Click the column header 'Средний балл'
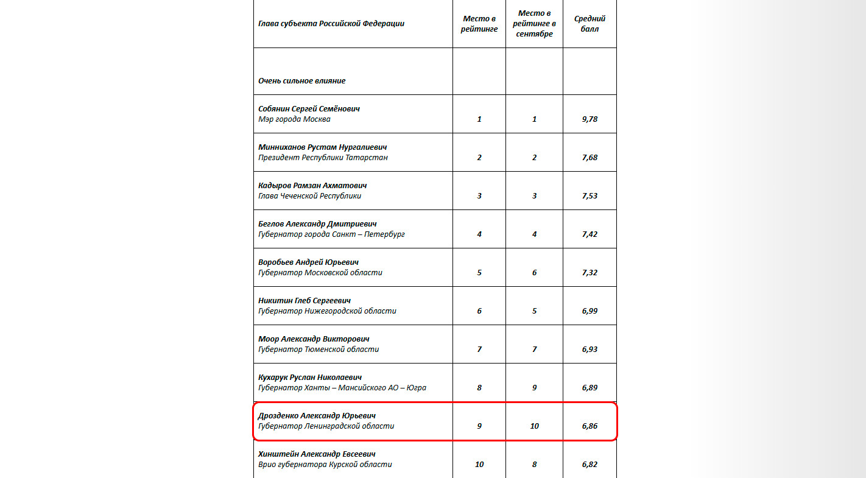click(590, 24)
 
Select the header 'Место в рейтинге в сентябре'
click(534, 24)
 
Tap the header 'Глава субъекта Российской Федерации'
click(331, 24)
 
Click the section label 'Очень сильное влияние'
click(302, 80)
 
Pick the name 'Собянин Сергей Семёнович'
click(309, 108)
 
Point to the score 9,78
click(590, 119)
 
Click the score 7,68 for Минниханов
click(590, 158)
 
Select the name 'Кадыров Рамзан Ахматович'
click(312, 185)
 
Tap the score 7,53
click(590, 196)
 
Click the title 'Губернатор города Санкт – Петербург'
click(331, 234)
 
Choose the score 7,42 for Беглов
click(590, 234)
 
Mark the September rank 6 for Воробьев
click(534, 273)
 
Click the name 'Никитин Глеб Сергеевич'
click(305, 300)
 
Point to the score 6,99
click(590, 311)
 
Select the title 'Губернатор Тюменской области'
click(319, 350)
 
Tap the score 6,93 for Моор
click(590, 350)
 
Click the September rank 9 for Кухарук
click(534, 388)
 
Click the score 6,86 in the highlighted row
click(590, 426)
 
